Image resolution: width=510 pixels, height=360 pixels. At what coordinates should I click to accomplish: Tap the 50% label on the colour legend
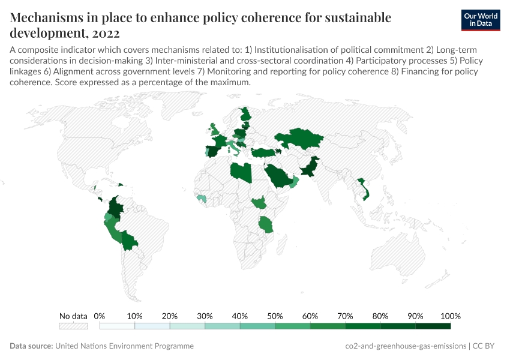pyautogui.click(x=275, y=316)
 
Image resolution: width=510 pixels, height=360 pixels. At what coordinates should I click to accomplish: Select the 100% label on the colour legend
pyautogui.click(x=450, y=316)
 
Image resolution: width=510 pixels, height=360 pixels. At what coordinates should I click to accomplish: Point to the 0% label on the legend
pyautogui.click(x=100, y=316)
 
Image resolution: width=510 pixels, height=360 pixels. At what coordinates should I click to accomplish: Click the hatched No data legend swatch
pyautogui.click(x=73, y=326)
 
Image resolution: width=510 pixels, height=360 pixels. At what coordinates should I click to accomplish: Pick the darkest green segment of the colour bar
pyautogui.click(x=433, y=326)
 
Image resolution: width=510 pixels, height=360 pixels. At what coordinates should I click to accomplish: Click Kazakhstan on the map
pyautogui.click(x=299, y=139)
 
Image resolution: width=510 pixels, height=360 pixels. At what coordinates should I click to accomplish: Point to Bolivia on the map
pyautogui.click(x=128, y=241)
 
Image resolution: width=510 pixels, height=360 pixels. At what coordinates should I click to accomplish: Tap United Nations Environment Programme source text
pyautogui.click(x=124, y=346)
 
